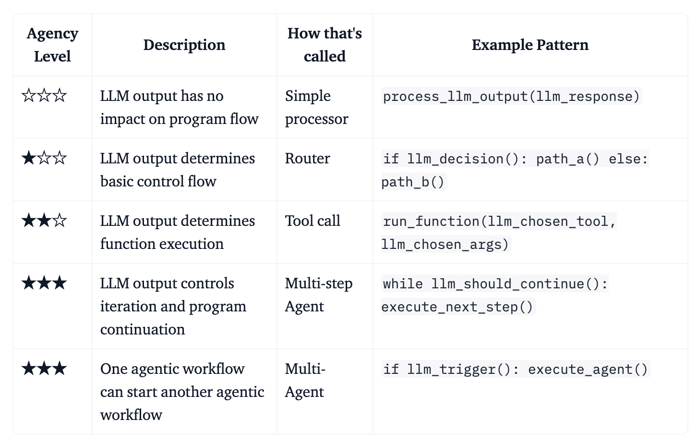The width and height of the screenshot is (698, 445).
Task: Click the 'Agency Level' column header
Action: pos(52,45)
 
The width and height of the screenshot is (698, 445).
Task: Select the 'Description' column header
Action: pos(184,45)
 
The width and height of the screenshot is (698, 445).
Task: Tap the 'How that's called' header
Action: pos(325,45)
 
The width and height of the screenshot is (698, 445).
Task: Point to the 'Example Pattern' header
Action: pos(530,45)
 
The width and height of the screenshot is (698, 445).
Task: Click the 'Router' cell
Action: pos(307,159)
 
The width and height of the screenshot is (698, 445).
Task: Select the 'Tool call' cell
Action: pos(312,221)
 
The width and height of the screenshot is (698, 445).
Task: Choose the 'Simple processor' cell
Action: pos(316,107)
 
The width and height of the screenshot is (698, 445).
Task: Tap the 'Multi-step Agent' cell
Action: pos(318,295)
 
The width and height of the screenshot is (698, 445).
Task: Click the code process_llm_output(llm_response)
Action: pos(511,96)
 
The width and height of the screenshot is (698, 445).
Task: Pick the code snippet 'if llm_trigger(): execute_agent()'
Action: pos(516,369)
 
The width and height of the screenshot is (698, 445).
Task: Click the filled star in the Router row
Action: pos(29,158)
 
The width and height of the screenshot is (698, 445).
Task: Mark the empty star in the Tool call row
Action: pos(60,221)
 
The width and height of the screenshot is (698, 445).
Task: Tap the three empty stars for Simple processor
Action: pos(44,96)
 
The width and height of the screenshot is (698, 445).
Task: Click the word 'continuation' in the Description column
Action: pos(143,329)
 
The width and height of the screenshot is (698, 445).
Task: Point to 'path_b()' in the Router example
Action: pos(412,182)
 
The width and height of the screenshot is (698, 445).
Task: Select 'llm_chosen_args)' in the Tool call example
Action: pos(445,244)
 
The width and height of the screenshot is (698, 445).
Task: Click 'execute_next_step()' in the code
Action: pos(457,307)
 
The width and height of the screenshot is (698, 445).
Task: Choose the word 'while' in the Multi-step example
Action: pos(403,284)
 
